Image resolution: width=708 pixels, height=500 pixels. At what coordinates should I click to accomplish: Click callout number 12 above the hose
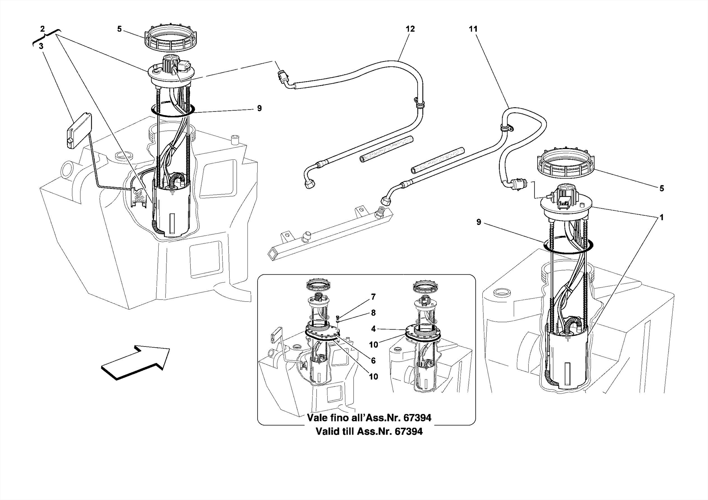click(410, 29)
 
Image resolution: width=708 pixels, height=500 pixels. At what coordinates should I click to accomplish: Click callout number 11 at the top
click(473, 29)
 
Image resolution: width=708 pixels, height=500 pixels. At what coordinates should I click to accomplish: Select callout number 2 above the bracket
click(42, 29)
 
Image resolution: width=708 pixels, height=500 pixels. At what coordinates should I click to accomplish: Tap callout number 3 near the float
click(41, 46)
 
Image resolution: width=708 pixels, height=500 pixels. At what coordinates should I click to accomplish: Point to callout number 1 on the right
click(661, 218)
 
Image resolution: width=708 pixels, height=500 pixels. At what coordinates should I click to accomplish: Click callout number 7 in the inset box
click(373, 296)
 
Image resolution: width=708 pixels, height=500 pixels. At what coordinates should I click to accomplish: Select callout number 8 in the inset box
click(373, 313)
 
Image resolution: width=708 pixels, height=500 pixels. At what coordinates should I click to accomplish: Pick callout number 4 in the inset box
click(373, 329)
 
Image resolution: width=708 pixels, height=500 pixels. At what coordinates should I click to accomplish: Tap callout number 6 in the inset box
click(373, 361)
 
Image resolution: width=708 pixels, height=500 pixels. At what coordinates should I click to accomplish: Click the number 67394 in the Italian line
click(413, 418)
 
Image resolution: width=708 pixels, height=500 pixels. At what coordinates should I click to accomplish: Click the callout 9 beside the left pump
click(259, 109)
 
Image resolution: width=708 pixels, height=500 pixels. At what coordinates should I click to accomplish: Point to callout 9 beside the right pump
click(478, 222)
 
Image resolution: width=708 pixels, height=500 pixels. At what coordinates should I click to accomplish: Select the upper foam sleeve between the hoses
click(386, 149)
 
